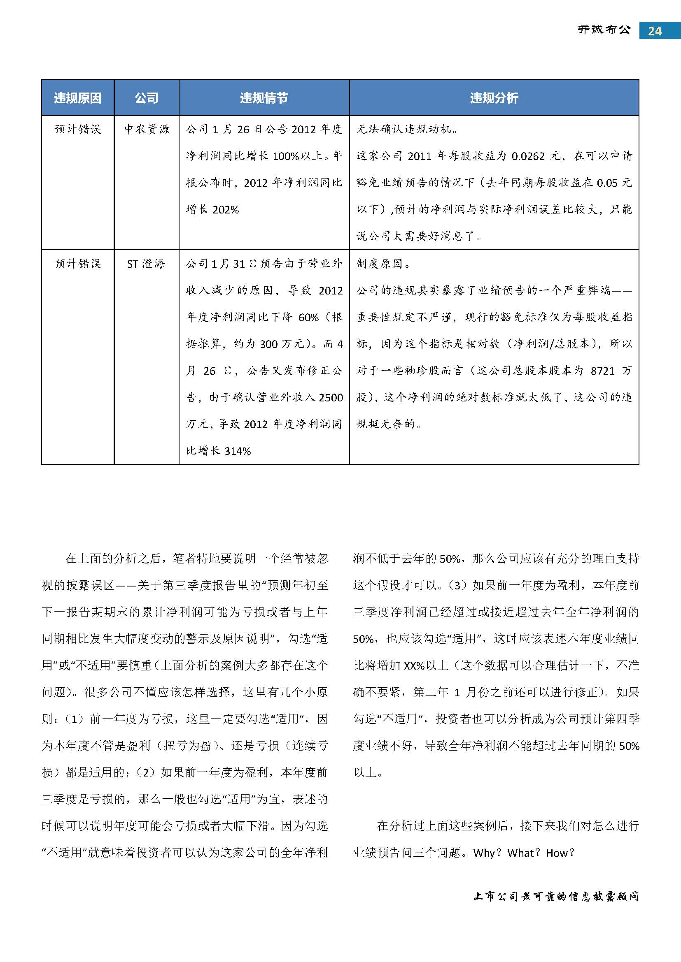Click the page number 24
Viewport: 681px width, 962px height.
pos(655,31)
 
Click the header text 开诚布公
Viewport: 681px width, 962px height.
pos(604,30)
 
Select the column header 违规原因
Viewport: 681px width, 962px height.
pos(77,98)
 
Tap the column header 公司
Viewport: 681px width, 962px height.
pos(146,98)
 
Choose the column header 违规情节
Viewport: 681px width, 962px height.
pos(264,98)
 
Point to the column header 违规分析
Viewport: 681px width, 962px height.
pos(494,98)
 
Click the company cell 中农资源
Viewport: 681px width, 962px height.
pos(146,129)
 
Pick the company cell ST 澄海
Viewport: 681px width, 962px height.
pos(146,264)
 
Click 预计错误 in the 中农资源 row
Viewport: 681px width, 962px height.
pos(78,129)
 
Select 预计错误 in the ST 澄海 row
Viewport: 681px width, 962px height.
pos(78,264)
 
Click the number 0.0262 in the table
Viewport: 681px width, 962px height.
pos(528,156)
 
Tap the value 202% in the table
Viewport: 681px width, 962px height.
pos(226,210)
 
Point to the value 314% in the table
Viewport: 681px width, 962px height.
pos(237,451)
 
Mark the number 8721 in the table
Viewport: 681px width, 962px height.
pos(602,371)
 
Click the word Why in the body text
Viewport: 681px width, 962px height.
pos(484,853)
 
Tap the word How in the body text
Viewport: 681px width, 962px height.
pos(557,853)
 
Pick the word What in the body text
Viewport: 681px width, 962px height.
pos(520,853)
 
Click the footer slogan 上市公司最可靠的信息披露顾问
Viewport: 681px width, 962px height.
pos(555,897)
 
